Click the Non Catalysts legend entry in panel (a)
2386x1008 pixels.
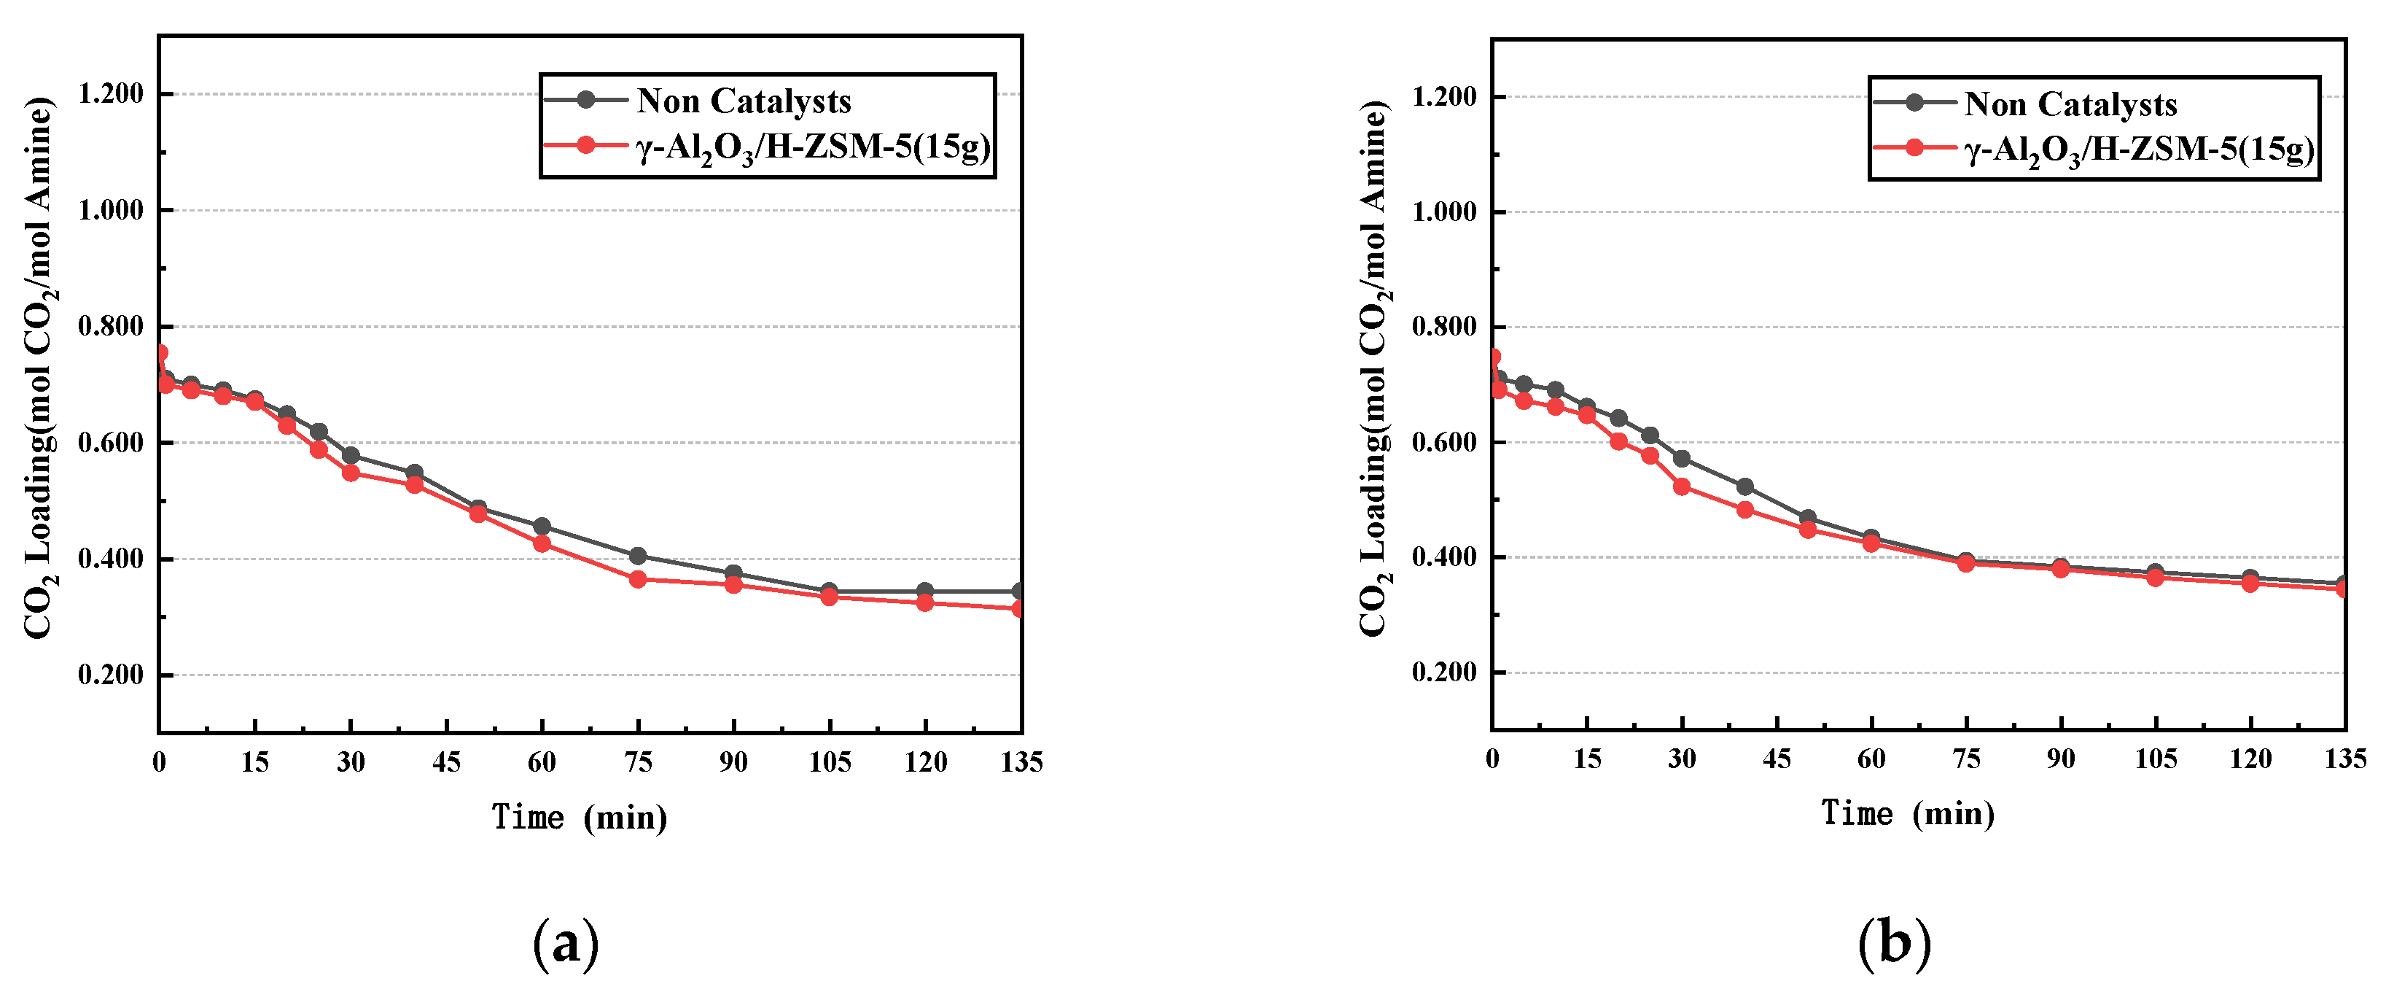click(743, 100)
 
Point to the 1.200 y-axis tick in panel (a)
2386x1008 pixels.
click(111, 93)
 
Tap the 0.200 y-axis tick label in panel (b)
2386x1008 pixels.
click(1443, 672)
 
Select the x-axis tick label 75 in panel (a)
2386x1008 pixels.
click(637, 761)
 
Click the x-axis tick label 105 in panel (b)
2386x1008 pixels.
click(2156, 759)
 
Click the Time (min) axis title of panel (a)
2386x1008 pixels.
click(579, 817)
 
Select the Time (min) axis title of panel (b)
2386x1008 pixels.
click(1908, 813)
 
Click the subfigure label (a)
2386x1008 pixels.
click(566, 944)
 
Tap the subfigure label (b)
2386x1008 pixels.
click(1894, 944)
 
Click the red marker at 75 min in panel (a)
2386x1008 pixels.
click(637, 579)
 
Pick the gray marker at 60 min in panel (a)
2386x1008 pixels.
click(542, 526)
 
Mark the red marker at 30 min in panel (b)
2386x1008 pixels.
click(1681, 486)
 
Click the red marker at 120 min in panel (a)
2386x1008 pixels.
click(924, 602)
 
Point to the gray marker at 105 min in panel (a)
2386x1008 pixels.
click(829, 590)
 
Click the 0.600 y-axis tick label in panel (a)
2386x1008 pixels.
click(111, 443)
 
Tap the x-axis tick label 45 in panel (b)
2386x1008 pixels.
click(1777, 759)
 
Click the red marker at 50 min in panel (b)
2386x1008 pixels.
click(1807, 529)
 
